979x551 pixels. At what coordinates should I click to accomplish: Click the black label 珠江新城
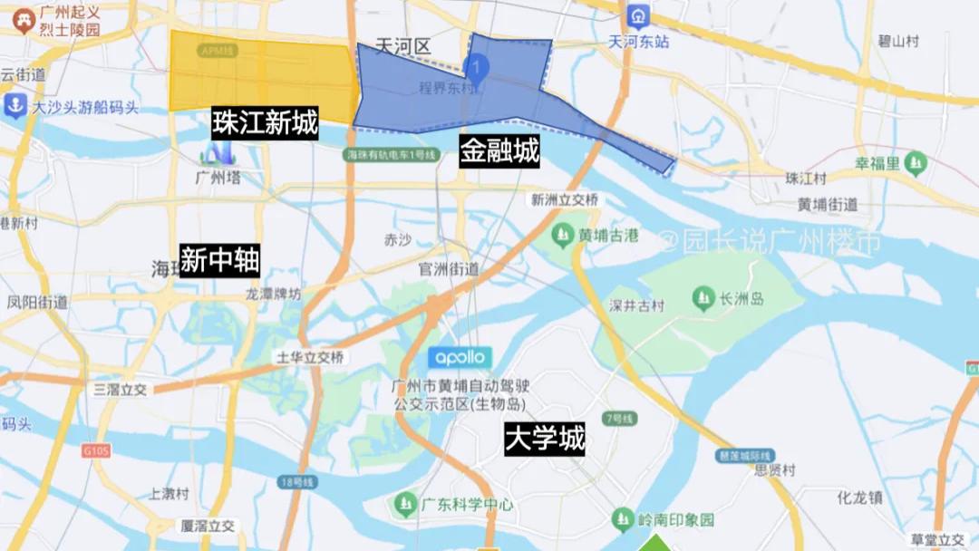pos(266,123)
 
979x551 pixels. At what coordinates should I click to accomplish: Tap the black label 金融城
pos(499,150)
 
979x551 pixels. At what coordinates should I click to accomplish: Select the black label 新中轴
pos(220,261)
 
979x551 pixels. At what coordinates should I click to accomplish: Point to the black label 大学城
pos(544,440)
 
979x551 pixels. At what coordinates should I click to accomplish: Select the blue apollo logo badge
pos(460,357)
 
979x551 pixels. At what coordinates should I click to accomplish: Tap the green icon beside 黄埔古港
pos(566,236)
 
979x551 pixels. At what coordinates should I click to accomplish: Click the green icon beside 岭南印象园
pos(623,519)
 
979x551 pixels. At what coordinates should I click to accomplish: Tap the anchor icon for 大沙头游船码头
pos(15,106)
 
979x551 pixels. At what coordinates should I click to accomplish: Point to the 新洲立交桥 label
pos(564,199)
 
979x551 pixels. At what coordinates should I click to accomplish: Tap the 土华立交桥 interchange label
pos(310,357)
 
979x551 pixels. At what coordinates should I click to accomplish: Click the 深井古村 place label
pos(637,305)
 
